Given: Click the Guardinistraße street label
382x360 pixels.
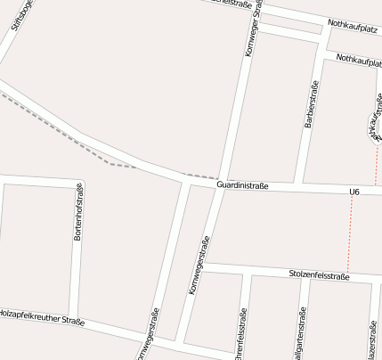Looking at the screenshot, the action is point(242,185).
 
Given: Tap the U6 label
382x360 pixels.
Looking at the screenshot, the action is point(354,192).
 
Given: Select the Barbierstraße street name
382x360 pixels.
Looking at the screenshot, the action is point(312,106).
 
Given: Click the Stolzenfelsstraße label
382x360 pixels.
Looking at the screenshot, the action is point(320,276).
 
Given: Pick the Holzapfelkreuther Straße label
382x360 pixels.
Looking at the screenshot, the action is point(41,316).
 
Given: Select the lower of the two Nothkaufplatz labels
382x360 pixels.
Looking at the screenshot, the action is point(360,60).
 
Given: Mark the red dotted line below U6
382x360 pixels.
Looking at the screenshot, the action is point(350,233).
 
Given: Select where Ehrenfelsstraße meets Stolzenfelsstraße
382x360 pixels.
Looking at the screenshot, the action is point(248,272).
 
